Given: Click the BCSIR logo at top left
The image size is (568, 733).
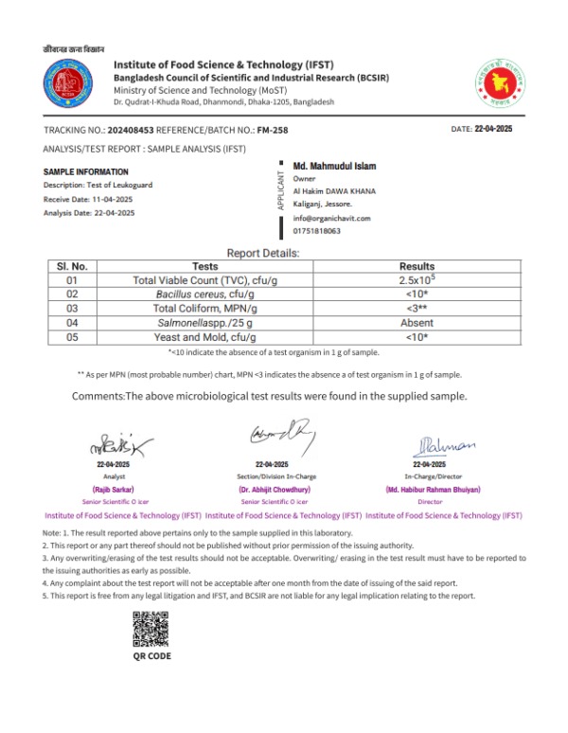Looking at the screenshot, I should tap(69, 83).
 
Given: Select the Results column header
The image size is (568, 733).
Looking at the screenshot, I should tap(417, 267).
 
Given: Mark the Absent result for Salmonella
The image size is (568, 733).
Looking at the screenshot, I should tap(417, 323).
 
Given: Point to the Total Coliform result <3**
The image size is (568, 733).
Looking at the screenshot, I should tap(417, 309).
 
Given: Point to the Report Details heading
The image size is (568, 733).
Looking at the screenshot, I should tap(263, 253).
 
